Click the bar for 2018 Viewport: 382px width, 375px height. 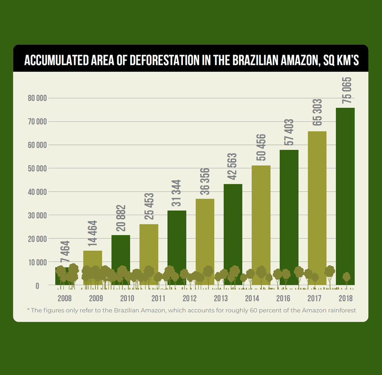[x=345, y=191]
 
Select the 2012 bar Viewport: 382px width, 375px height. [x=177, y=241]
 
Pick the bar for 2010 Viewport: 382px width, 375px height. [x=121, y=252]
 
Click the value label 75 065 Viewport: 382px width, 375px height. [x=347, y=91]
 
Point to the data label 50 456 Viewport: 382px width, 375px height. [x=262, y=148]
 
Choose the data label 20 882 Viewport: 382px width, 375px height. [x=121, y=218]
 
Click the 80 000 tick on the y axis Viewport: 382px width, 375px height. [x=37, y=98]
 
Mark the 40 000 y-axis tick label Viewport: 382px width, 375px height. [x=37, y=192]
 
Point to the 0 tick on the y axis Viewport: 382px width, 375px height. [x=37, y=286]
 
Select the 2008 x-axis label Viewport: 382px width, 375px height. [x=65, y=298]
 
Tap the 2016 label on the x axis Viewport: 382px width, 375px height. [x=283, y=298]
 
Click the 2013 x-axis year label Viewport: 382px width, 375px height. [x=221, y=298]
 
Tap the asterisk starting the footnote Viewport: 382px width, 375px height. [x=28, y=310]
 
